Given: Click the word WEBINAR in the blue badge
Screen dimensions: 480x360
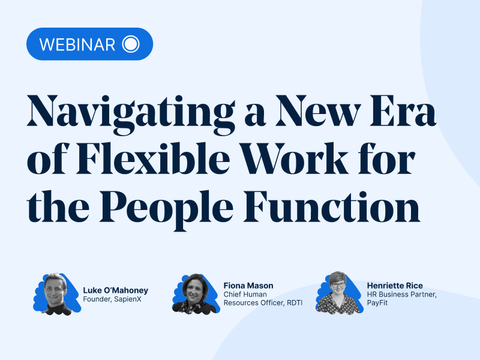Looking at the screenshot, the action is coord(77,44).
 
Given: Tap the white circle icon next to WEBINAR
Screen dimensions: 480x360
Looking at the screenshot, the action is coord(131,44).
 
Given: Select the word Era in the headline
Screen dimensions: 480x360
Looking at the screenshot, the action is coord(403,110).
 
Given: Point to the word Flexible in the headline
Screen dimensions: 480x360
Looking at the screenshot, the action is coord(153,158).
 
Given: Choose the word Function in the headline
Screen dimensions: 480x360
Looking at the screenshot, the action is coord(332,206).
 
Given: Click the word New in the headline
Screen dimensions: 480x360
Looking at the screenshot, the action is coord(318,110).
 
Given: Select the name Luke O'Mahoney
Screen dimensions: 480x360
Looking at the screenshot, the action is coord(115,290).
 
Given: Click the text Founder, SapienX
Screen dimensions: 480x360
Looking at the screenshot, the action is coord(112,299).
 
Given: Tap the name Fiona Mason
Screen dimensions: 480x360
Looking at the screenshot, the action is coord(248,286).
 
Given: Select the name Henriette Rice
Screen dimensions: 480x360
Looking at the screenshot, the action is coord(395,286).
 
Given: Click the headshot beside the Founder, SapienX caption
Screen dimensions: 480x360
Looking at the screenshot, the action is coord(56,295).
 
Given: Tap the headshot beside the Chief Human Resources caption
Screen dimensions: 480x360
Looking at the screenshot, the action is coord(196,294).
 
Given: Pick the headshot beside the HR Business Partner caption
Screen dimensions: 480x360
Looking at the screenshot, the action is coord(339,293).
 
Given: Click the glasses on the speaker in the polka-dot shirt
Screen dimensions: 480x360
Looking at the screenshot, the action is coord(338,284).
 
